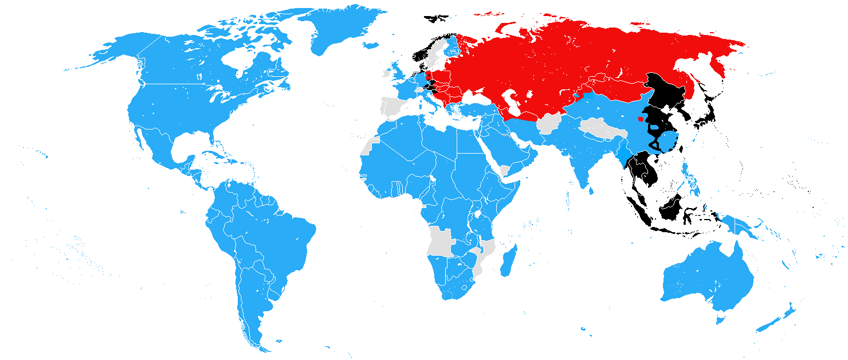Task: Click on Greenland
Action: click(x=338, y=29)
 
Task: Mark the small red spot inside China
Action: click(x=641, y=119)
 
